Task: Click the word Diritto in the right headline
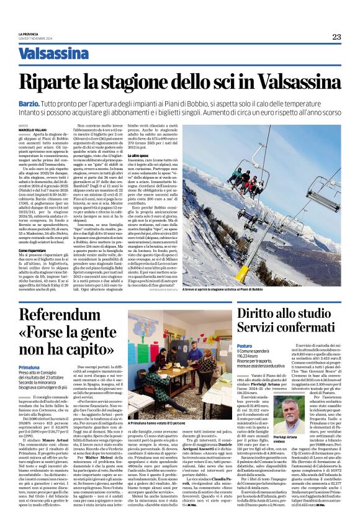257,313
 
